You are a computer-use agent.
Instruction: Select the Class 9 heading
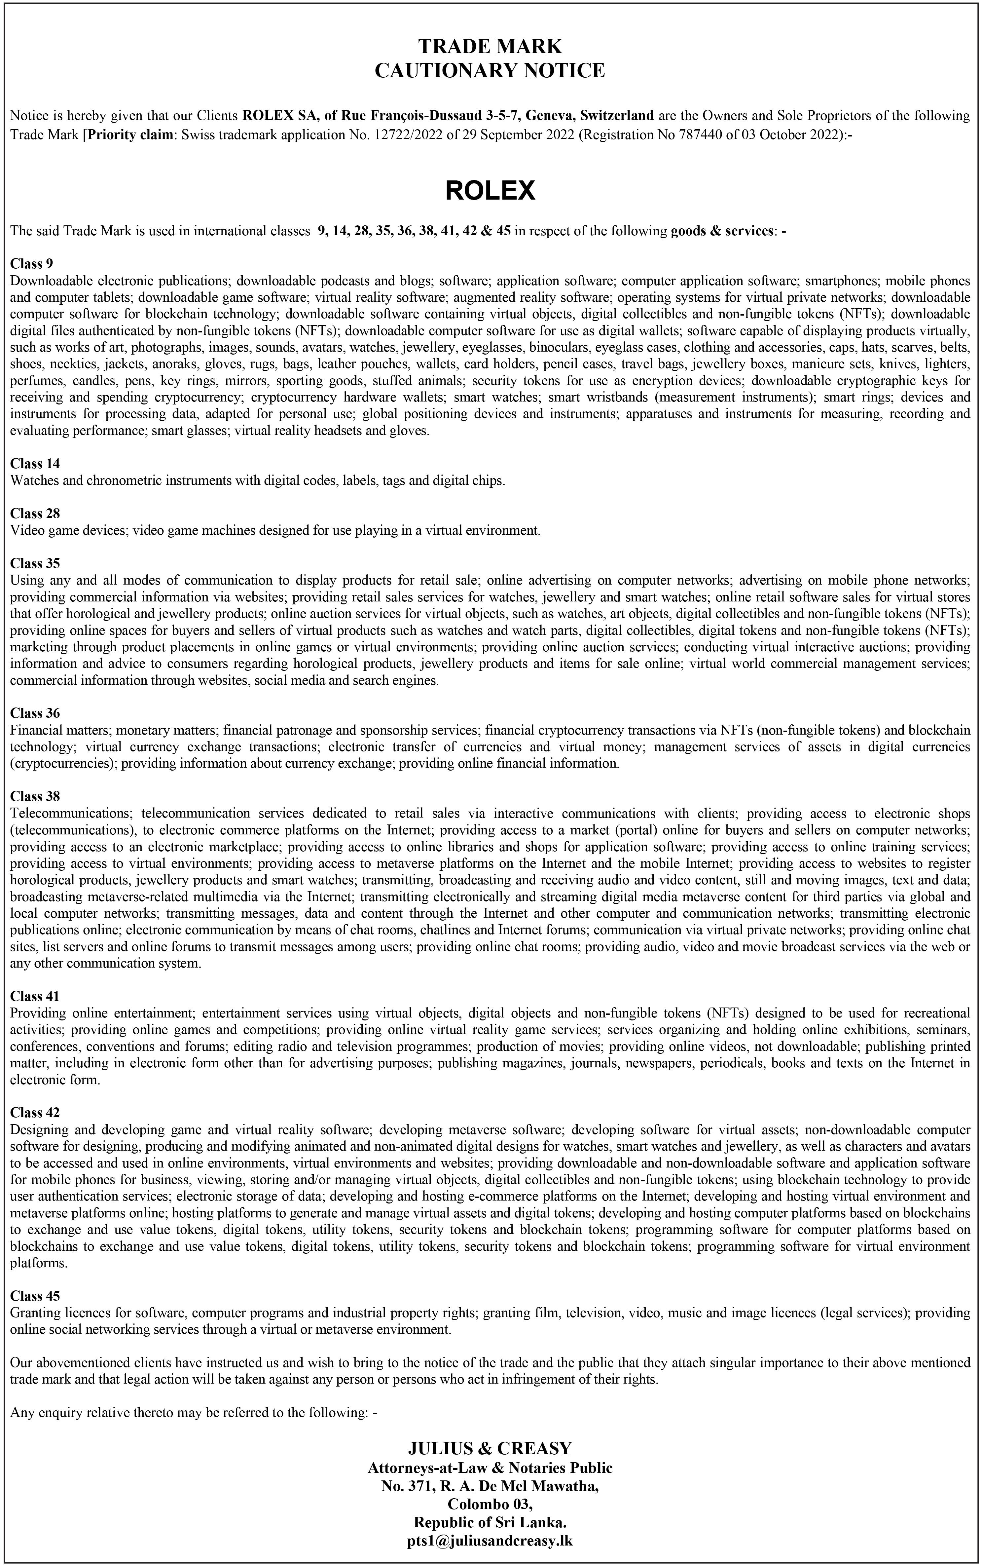[x=32, y=264]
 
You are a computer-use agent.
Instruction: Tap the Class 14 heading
[x=35, y=463]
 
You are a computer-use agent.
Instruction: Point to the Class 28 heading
[x=35, y=513]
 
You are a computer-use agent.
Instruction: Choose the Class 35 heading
[x=35, y=563]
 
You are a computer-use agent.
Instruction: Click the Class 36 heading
[x=35, y=713]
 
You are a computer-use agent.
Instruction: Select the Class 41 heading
[x=35, y=996]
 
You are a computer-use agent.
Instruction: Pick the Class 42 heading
[x=35, y=1113]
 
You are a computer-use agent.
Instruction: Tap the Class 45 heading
[x=35, y=1296]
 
